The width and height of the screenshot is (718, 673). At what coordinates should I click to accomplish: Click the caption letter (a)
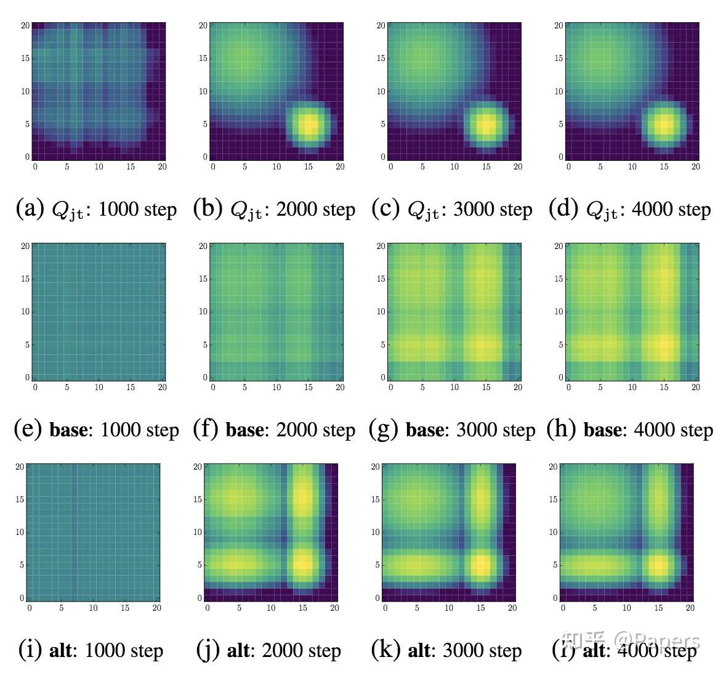click(x=30, y=209)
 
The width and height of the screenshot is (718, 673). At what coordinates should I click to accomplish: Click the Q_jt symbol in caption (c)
click(x=423, y=211)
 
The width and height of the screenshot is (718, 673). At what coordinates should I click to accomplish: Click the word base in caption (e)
click(x=69, y=430)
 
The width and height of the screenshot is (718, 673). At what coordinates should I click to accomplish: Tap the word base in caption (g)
click(x=425, y=430)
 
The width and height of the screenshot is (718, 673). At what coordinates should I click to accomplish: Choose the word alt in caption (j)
click(x=239, y=651)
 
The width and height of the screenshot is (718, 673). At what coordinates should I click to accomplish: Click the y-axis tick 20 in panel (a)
click(x=25, y=25)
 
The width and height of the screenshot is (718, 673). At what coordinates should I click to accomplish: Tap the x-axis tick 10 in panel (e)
click(x=99, y=388)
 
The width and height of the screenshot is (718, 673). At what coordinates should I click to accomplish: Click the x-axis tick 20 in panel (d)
click(x=696, y=167)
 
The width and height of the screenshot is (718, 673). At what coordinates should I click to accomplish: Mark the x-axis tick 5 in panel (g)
click(x=422, y=388)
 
